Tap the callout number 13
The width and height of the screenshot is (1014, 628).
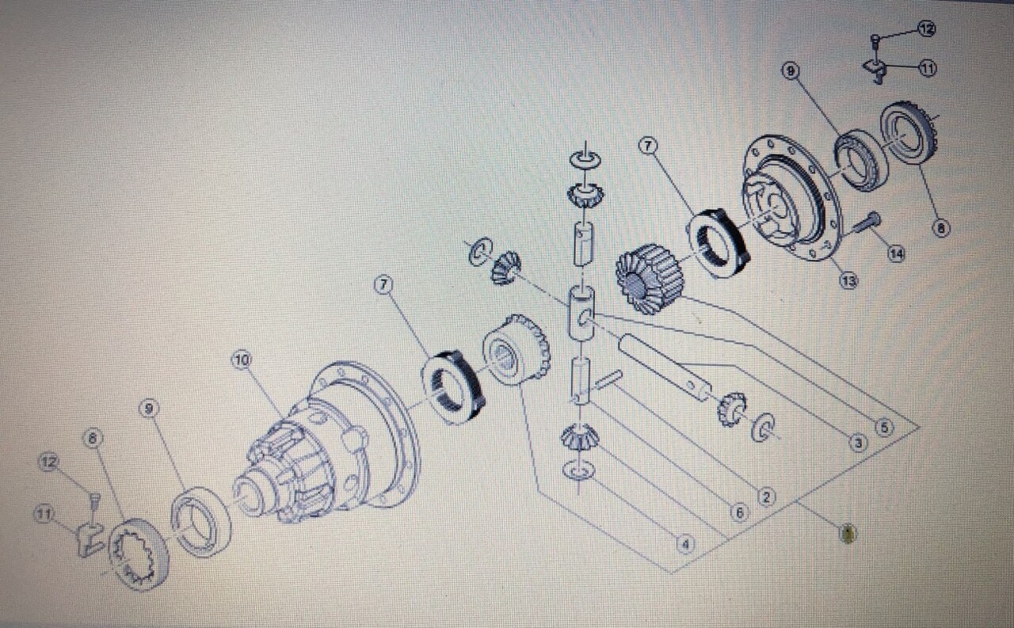[848, 281]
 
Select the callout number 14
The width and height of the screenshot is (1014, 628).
[896, 254]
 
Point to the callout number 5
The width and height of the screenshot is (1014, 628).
[884, 427]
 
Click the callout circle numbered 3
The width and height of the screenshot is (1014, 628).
[858, 443]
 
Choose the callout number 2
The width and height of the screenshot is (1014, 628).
[765, 497]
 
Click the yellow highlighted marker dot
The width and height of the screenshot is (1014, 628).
[848, 534]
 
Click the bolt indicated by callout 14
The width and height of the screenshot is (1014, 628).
[867, 222]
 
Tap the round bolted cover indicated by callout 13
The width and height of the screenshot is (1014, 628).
[788, 198]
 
